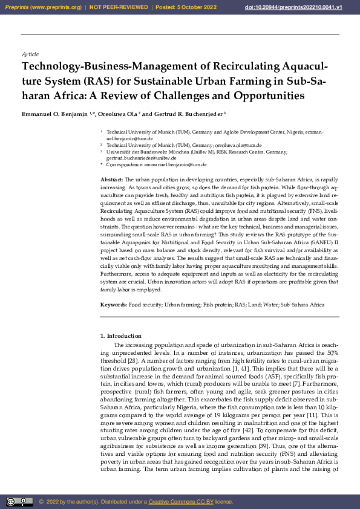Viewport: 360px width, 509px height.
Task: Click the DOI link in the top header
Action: click(x=310, y=7)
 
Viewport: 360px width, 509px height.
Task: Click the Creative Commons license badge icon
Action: click(x=19, y=501)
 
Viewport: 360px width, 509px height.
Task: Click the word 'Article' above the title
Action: click(x=30, y=54)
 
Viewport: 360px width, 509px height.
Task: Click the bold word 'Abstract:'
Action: click(x=111, y=180)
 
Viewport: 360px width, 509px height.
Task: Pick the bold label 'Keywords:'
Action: click(x=113, y=305)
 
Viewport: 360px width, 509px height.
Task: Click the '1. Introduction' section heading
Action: click(x=121, y=336)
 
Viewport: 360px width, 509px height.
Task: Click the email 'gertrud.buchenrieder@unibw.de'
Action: click(x=142, y=158)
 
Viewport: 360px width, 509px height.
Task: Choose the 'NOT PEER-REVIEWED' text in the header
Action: click(x=119, y=7)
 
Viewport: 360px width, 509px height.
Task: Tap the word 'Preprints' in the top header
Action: click(x=19, y=7)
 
